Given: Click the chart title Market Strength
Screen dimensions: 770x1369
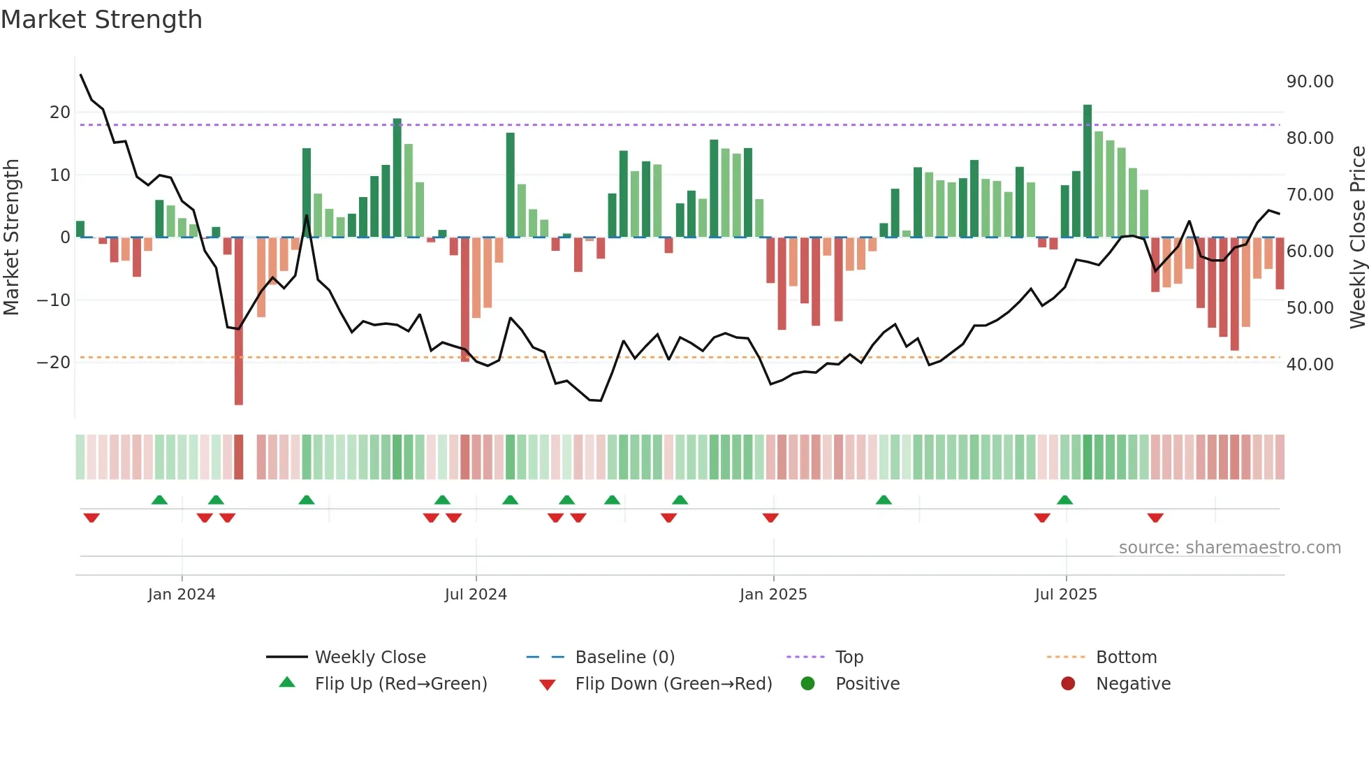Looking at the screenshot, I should pos(101,20).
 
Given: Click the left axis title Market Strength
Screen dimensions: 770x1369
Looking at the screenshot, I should pos(11,237).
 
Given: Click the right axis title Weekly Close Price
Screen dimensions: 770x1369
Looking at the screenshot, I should pos(1357,237).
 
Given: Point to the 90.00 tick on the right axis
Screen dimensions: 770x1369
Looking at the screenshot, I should pos(1310,82).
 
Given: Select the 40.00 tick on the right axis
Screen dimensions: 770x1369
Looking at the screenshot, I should pos(1310,364).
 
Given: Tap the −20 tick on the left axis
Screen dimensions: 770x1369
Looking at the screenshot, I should pos(53,363).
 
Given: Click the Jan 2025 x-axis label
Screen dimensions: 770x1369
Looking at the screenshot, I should pos(773,595).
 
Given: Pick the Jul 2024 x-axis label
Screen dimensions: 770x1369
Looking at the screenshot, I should pos(476,595).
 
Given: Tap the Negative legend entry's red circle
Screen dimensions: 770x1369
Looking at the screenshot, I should pos(1068,683).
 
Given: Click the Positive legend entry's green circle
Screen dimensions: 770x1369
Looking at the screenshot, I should pos(808,683).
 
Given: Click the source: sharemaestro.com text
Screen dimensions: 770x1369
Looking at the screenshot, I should pos(1229,548).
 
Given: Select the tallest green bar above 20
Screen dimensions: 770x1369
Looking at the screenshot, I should pos(1088,171).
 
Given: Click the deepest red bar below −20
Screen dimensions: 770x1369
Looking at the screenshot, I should pos(239,321).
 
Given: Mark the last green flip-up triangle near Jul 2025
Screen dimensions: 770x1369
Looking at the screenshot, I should pos(1064,500).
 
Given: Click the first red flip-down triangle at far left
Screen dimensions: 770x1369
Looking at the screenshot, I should pos(91,518).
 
